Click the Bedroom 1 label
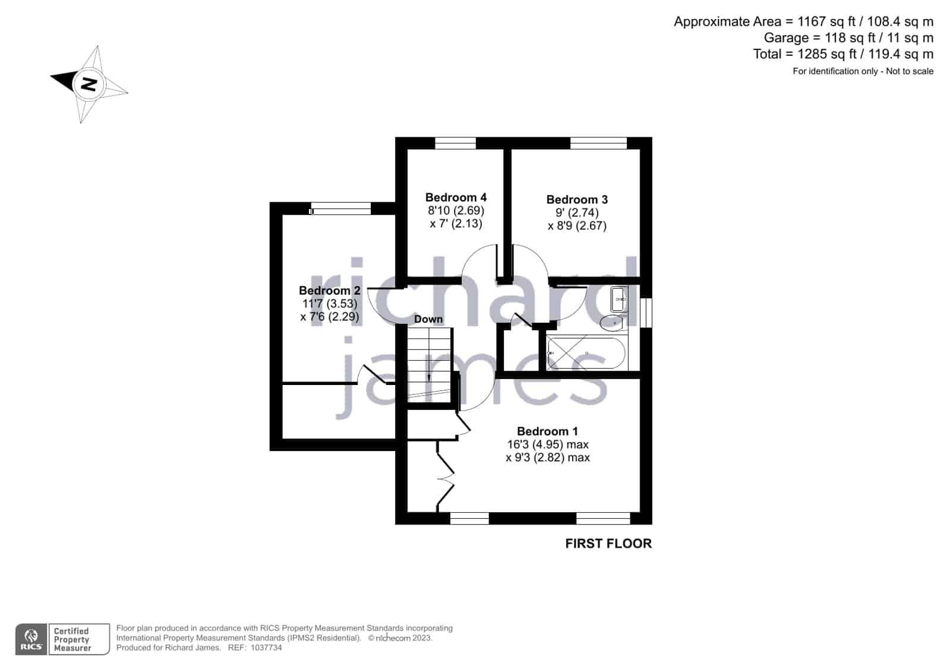click(x=547, y=431)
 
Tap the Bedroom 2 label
click(x=330, y=291)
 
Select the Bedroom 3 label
click(x=577, y=200)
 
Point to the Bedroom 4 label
click(x=456, y=197)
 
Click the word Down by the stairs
click(x=428, y=319)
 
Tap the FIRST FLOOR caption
click(x=608, y=544)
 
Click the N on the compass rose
click(x=89, y=84)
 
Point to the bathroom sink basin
click(x=619, y=299)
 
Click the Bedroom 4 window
click(x=456, y=143)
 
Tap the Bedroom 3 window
click(x=598, y=143)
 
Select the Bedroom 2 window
click(x=340, y=209)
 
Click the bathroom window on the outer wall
click(x=646, y=313)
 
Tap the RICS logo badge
click(x=31, y=639)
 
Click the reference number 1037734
click(x=266, y=648)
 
